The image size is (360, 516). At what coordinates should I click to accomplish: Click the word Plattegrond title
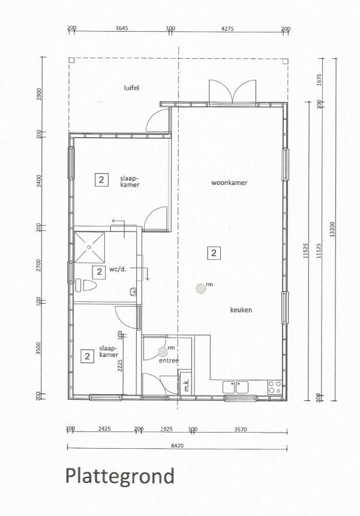coord(119,476)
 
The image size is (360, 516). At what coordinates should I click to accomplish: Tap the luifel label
coord(131,88)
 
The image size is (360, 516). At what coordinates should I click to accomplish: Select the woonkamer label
coord(230,182)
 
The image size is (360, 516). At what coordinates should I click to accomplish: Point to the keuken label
coord(241,310)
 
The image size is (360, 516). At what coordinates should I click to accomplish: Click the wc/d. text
coord(118,269)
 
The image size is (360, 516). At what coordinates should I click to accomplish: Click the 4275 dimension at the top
coord(227,28)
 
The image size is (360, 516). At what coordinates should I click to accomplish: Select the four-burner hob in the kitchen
coord(274,387)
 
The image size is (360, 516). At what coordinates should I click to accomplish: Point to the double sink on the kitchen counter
coord(236,387)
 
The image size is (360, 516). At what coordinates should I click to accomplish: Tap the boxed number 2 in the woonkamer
coord(214,253)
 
